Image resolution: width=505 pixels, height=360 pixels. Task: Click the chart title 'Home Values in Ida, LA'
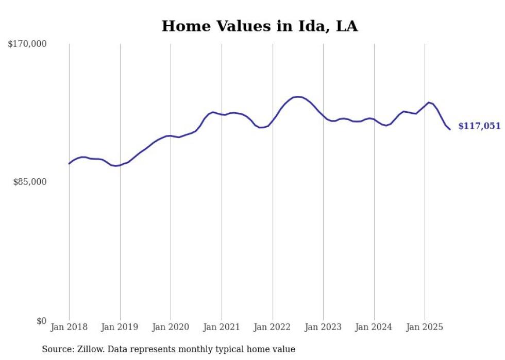coord(260,26)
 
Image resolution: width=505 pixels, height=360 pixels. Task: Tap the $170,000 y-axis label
coord(27,44)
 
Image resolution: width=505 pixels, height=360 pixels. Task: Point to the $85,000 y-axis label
coord(30,182)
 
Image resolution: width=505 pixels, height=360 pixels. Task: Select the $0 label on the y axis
coord(41,321)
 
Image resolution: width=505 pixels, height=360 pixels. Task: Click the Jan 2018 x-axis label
coord(69,327)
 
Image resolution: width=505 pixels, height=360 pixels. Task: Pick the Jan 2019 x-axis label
coord(120,327)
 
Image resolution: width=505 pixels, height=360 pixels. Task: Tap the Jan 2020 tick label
coord(171,327)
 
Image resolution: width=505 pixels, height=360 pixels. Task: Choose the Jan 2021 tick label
coord(222,327)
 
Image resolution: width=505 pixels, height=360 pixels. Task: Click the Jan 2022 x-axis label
coord(273,327)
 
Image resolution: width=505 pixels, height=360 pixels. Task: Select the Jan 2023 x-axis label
coord(323,327)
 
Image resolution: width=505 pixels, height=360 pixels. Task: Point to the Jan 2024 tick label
coord(374,327)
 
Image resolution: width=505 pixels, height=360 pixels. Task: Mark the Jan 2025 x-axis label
coord(425,327)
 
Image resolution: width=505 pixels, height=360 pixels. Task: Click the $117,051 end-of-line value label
coord(479,126)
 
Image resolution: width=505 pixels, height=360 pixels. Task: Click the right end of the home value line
coord(450,129)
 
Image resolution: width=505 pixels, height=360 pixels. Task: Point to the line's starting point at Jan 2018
coord(69,163)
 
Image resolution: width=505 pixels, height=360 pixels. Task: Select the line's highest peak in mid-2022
coord(297,96)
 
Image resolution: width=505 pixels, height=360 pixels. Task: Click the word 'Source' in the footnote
coord(56,349)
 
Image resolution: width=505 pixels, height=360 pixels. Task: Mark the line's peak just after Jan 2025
coord(429,102)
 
